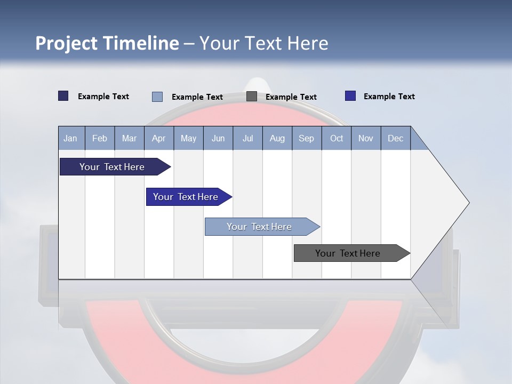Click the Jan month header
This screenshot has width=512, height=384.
tap(71, 138)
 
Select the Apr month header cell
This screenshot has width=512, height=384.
tap(159, 138)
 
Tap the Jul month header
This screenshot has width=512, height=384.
tap(247, 138)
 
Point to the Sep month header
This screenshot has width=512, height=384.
tap(307, 138)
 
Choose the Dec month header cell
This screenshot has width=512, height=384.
tap(395, 138)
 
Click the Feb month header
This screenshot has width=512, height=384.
tap(100, 138)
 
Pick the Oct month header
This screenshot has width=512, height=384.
tap(337, 138)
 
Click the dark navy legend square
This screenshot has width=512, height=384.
tap(63, 96)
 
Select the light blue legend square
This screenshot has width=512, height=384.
tap(157, 97)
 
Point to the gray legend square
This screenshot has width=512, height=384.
tap(252, 97)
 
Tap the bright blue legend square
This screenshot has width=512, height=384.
tap(350, 96)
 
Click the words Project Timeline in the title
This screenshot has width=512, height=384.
tap(107, 43)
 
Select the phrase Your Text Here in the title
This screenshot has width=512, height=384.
tap(264, 43)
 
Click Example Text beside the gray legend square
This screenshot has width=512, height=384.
tap(291, 97)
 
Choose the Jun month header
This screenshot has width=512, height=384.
tap(218, 138)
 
